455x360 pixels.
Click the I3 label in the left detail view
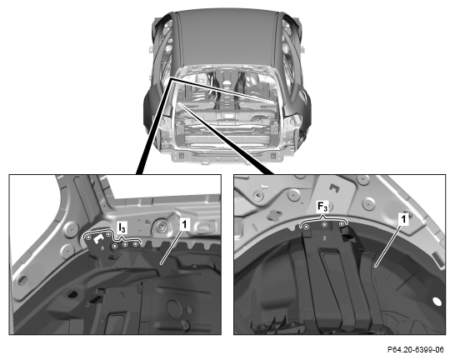point(122,227)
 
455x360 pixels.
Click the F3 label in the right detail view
point(322,207)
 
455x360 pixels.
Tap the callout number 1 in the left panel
point(184,224)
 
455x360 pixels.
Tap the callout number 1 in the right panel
point(403,218)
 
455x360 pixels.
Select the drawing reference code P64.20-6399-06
point(416,349)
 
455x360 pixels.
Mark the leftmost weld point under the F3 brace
point(306,226)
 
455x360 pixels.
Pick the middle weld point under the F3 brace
point(325,224)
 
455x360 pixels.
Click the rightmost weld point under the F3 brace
point(342,223)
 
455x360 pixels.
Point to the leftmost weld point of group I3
point(87,237)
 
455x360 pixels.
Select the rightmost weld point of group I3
point(135,244)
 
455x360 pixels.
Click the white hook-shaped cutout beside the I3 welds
point(98,238)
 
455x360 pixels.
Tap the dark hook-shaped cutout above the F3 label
point(335,188)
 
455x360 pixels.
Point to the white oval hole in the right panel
point(437,302)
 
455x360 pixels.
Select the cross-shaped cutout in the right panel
point(274,215)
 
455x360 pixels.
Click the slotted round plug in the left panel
point(22,280)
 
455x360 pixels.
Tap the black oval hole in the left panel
point(72,294)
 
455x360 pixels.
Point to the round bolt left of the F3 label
point(257,196)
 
